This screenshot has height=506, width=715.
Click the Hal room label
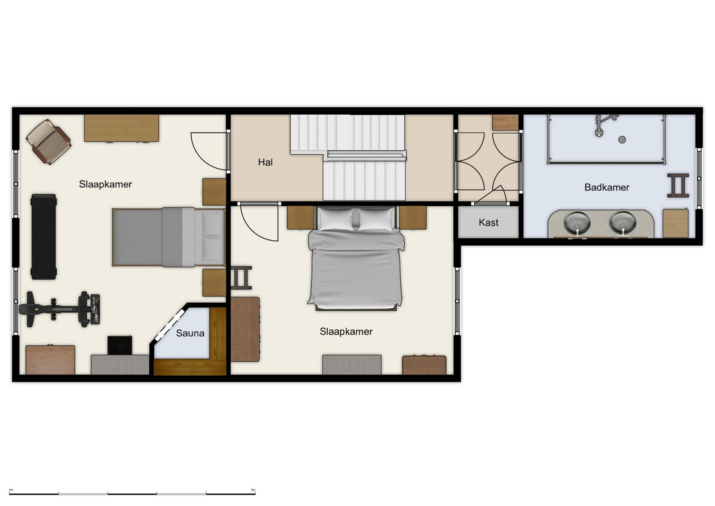click(265, 162)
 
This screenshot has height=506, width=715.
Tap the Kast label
click(488, 223)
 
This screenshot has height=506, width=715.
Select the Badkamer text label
click(606, 188)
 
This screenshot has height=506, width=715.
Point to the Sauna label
click(190, 333)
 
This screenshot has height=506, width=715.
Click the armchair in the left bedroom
click(48, 141)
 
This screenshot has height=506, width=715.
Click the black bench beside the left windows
click(43, 237)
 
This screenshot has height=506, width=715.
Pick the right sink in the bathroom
click(623, 222)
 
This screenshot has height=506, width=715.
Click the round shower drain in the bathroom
click(622, 140)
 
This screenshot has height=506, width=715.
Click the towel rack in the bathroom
click(677, 186)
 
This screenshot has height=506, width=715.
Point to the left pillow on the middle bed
click(336, 219)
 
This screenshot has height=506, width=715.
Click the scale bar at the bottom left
click(132, 493)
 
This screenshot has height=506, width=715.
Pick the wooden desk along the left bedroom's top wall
click(121, 128)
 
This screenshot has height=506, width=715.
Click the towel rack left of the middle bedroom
click(241, 277)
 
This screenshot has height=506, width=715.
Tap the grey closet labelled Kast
click(488, 223)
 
